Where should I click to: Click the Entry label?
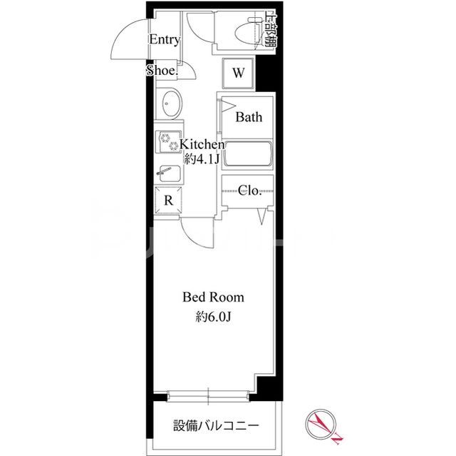(164, 40)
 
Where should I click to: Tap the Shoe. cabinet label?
(162, 71)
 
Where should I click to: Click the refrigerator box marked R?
(168, 200)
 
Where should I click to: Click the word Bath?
(249, 116)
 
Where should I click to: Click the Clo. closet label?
(249, 190)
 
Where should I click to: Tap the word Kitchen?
(203, 144)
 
